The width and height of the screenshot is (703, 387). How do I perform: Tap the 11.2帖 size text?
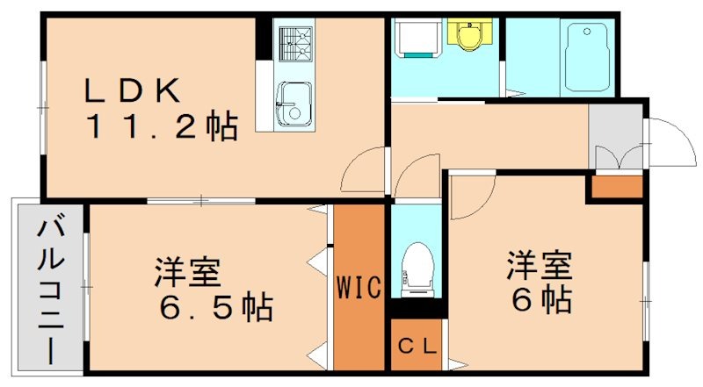pyautogui.click(x=161, y=128)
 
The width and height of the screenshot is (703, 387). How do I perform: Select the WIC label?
pyautogui.click(x=359, y=287)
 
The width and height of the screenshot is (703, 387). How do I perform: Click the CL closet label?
pyautogui.click(x=417, y=345)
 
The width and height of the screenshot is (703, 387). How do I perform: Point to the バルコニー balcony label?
pyautogui.click(x=47, y=290)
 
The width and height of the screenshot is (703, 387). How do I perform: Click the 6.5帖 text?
pyautogui.click(x=214, y=307)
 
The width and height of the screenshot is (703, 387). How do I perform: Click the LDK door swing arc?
pyautogui.click(x=362, y=171)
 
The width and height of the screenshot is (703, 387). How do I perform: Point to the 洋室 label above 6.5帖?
pyautogui.click(x=187, y=273)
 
